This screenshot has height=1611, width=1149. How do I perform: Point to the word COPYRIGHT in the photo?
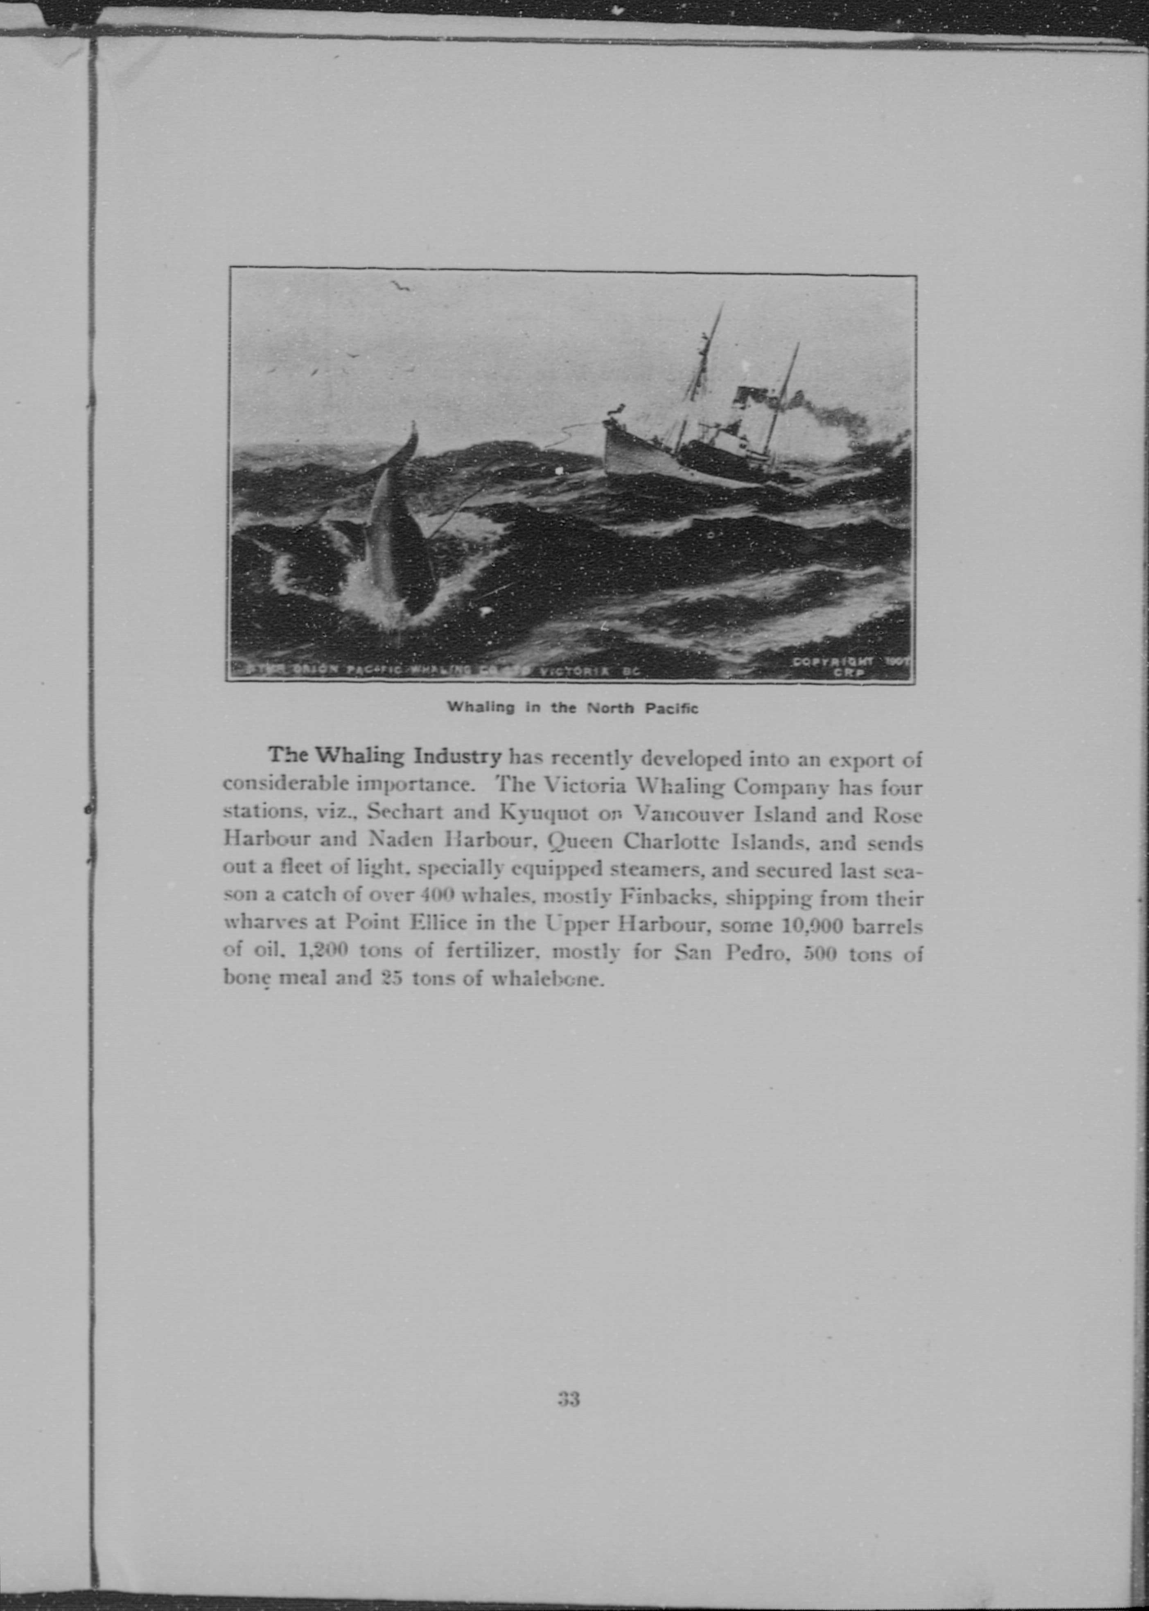click(833, 661)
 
